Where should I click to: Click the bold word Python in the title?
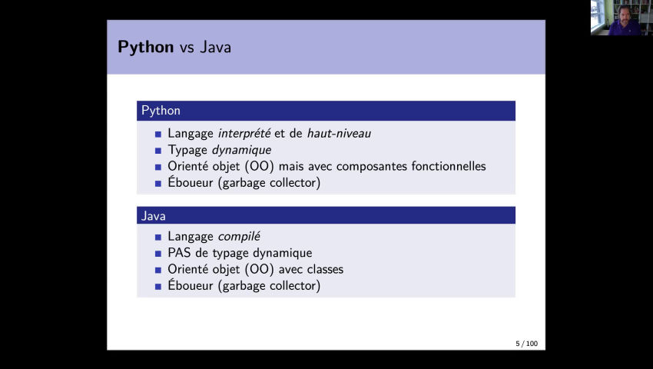point(146,47)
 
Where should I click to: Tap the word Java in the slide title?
point(216,47)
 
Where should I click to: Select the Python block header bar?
point(326,111)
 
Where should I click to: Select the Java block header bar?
point(326,216)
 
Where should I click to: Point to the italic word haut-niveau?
point(339,134)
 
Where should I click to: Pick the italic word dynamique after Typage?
point(241,151)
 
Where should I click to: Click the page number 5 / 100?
point(526,343)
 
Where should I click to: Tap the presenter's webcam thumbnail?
point(621,17)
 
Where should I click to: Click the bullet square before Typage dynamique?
point(158,151)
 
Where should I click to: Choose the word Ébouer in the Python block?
point(191,183)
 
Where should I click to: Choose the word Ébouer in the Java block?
point(191,286)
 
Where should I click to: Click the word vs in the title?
point(187,48)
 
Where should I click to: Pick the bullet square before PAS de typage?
point(158,254)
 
